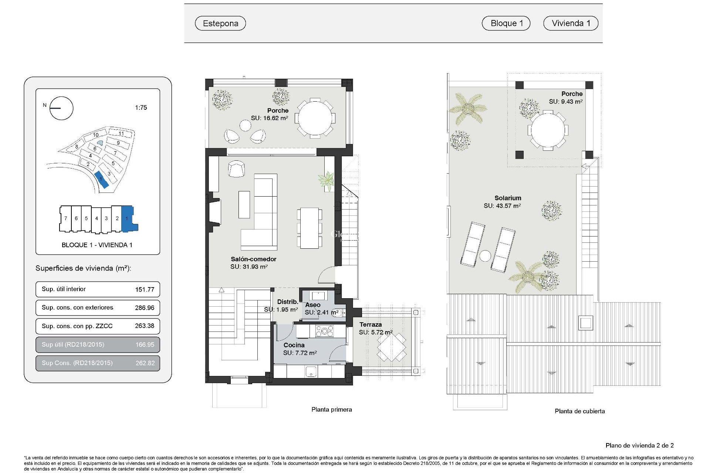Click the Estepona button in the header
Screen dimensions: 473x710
coord(220,23)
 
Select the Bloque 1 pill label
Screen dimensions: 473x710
coord(506,23)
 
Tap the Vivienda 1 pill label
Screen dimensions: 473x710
coord(571,23)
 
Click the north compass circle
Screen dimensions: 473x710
coord(61,108)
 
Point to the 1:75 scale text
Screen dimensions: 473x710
coord(141,108)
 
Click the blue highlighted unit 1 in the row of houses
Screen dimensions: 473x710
coord(128,219)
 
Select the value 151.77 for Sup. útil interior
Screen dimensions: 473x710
coord(145,289)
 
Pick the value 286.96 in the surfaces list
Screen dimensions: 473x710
coord(145,308)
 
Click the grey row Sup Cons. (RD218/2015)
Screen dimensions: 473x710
coord(98,363)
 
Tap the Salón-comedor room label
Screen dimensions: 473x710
coord(253,259)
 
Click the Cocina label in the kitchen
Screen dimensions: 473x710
coord(294,345)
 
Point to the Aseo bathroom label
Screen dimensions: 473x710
coord(313,305)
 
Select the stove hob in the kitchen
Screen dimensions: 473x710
coord(324,331)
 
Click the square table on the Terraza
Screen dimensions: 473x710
coord(392,347)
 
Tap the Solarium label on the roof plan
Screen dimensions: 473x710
coord(508,198)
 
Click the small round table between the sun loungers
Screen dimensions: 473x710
coord(485,256)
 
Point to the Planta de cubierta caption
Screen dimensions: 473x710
coord(579,411)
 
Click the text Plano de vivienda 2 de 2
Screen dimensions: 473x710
coord(639,445)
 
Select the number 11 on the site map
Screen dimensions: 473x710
coord(121,133)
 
